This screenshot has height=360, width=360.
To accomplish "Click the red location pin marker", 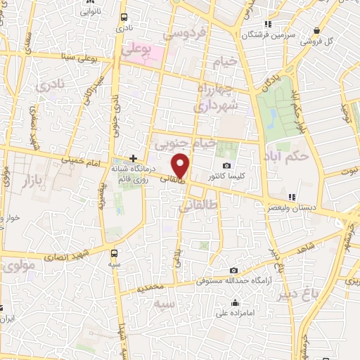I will (x=181, y=166).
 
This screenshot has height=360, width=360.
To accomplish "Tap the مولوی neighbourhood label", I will (x=18, y=266).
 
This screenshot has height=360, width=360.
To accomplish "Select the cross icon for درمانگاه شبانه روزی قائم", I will (x=132, y=158).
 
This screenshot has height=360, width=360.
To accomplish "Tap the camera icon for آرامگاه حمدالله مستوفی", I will (x=233, y=271).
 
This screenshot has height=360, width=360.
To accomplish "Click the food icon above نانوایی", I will (x=88, y=2).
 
